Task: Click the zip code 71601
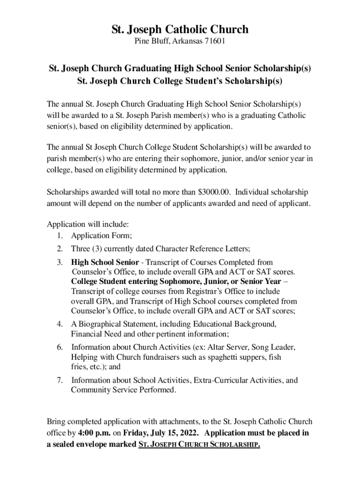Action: pos(214,42)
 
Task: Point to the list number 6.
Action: pos(60,348)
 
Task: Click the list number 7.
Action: pos(60,380)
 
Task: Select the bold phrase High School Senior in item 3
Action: pos(105,262)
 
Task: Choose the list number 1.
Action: pos(60,235)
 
